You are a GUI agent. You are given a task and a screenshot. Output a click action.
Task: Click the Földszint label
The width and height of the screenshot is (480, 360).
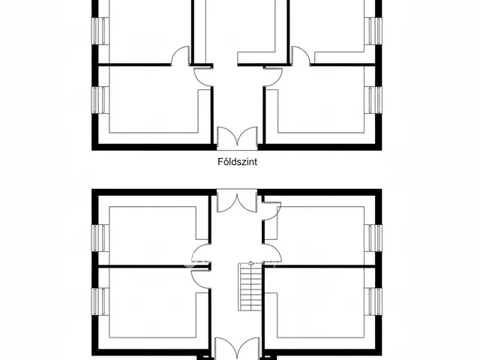tap(237, 162)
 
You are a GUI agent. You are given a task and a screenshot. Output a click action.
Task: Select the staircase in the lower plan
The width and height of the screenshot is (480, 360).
tap(250, 286)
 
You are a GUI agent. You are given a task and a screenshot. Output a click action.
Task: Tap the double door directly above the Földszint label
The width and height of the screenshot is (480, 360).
tap(237, 138)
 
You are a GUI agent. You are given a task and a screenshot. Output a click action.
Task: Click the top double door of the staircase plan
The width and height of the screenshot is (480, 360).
tap(237, 201)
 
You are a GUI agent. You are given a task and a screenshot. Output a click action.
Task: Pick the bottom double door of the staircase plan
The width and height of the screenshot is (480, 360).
tap(237, 349)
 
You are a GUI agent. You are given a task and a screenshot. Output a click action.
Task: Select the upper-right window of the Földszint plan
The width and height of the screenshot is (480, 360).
tap(373, 31)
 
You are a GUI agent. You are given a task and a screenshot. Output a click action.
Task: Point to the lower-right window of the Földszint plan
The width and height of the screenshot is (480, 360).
tap(373, 100)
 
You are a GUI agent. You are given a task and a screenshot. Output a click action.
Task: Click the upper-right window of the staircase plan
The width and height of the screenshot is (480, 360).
tap(373, 238)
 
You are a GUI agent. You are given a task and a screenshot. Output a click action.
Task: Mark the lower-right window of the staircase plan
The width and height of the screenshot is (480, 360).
tap(373, 301)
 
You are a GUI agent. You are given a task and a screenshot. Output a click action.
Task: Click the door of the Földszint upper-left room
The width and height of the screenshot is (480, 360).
tap(181, 55)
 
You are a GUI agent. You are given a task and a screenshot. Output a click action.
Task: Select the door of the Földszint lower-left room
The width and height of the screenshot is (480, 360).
tap(203, 76)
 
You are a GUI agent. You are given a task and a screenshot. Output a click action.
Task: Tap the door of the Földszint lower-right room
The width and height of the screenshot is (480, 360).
tap(272, 76)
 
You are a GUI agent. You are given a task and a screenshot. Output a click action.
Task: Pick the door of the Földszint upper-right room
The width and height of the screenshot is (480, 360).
tap(301, 55)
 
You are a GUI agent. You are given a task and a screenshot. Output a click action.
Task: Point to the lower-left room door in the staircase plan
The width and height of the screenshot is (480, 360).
tap(201, 279)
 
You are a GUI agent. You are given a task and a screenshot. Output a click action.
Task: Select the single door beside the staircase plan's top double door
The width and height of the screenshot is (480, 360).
tap(271, 211)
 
